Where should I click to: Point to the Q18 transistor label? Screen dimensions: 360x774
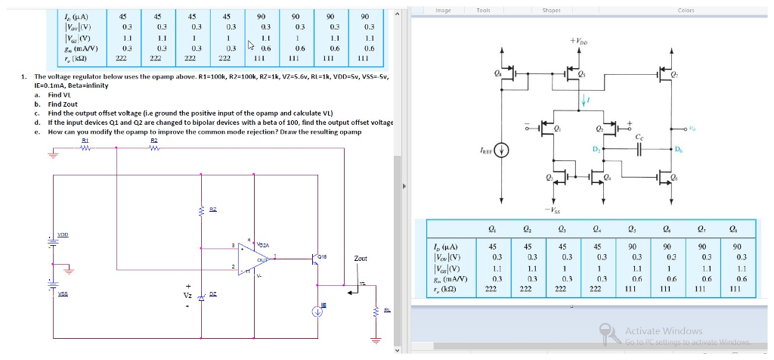coord(320,256)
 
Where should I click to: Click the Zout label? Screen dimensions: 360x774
coord(360,259)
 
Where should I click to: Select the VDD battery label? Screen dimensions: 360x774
coord(64,234)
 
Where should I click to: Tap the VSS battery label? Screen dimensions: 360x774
coord(64,296)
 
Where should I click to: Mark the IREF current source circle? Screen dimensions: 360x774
coord(498,149)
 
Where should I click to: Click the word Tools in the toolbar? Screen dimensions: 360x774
coord(483,10)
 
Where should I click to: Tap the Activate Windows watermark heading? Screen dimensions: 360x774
coord(663,331)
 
